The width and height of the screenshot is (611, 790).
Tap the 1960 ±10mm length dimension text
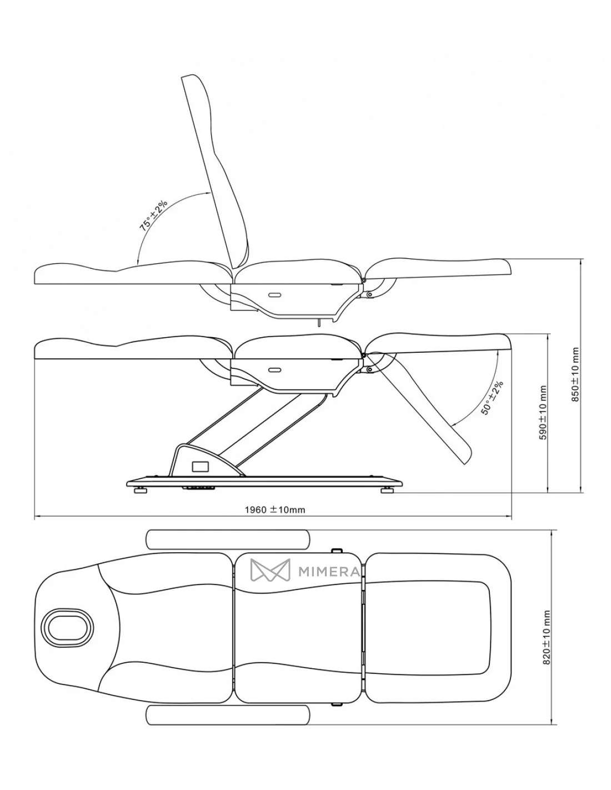[274, 509]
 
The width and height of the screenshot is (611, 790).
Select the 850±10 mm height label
[575, 374]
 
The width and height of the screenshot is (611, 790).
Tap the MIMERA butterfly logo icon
[270, 571]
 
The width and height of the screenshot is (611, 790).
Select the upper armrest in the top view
[228, 539]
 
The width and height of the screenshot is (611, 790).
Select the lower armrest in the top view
[228, 717]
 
